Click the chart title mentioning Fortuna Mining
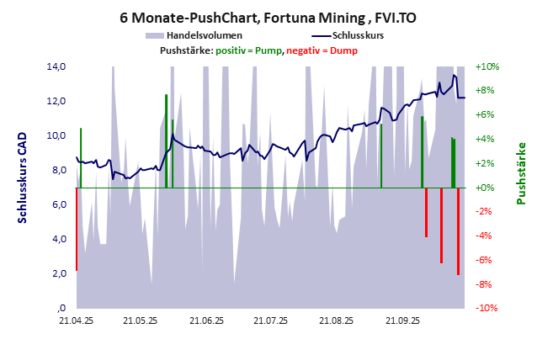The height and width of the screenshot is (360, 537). tap(268, 18)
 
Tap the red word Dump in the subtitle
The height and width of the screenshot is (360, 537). tap(343, 50)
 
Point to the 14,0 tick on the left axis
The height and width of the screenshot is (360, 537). tap(56, 66)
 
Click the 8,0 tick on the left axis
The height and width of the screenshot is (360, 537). tap(56, 170)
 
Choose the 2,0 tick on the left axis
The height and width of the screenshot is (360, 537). tap(56, 273)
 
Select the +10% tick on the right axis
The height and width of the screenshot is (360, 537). tap(487, 66)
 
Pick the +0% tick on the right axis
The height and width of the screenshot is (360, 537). tap(487, 188)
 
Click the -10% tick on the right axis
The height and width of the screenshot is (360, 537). tap(487, 308)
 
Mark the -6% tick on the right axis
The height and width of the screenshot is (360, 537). tap(487, 260)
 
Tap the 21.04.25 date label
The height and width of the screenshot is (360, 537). tap(76, 320)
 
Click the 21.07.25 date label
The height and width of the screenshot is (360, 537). tap(271, 320)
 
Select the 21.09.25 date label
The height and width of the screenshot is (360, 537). tap(401, 320)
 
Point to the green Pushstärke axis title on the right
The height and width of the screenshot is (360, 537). tap(522, 173)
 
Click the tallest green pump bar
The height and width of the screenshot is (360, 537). tap(166, 140)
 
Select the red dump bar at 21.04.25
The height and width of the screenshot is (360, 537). tap(77, 229)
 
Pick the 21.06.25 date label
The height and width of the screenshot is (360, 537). tap(206, 320)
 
